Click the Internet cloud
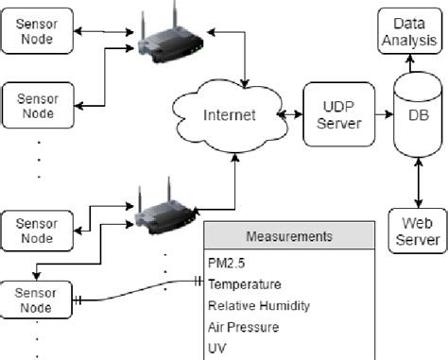[x=230, y=116]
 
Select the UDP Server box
[x=332, y=112]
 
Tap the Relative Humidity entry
[x=258, y=305]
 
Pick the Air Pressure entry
[x=244, y=327]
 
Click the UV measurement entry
[x=216, y=349]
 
